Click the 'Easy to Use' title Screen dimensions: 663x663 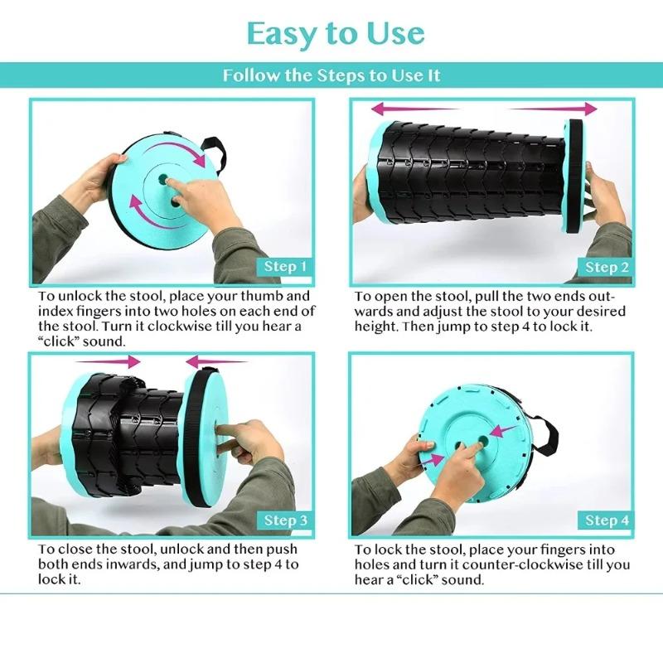pyautogui.click(x=336, y=34)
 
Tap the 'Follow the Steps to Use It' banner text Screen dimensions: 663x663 pyautogui.click(x=331, y=75)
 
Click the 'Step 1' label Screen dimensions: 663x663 pyautogui.click(x=285, y=266)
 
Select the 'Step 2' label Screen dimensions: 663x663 pyautogui.click(x=607, y=267)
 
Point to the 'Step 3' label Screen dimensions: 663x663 pyautogui.click(x=285, y=520)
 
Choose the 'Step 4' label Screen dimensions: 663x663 pyautogui.click(x=607, y=520)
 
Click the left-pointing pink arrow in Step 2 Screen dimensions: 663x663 pyautogui.click(x=414, y=109)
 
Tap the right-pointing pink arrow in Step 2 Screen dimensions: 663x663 pyautogui.click(x=552, y=109)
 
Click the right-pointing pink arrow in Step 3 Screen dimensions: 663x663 pyautogui.click(x=109, y=361)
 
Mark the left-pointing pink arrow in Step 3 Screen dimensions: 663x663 pyautogui.click(x=216, y=361)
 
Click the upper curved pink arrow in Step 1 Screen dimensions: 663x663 pyautogui.click(x=177, y=149)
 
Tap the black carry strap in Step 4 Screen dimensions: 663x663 pyautogui.click(x=547, y=436)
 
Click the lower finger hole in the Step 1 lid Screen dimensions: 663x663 pyautogui.click(x=176, y=202)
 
